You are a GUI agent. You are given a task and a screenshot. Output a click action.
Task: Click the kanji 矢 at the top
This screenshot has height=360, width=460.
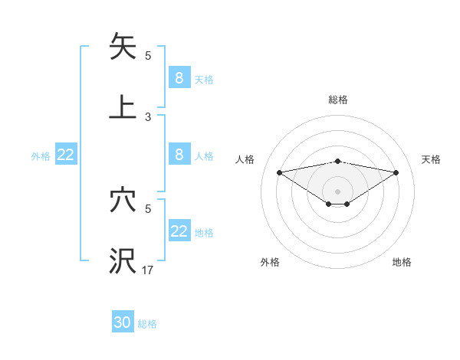123,47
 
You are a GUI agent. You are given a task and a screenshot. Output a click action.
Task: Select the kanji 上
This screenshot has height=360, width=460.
123,106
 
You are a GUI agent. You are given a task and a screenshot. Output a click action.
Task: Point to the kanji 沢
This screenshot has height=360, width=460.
123,261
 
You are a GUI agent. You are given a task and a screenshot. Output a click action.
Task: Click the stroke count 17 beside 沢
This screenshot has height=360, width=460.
148,270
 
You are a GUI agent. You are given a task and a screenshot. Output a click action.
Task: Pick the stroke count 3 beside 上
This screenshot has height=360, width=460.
148,117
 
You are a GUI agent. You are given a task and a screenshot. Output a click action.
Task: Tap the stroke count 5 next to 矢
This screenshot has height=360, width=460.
148,56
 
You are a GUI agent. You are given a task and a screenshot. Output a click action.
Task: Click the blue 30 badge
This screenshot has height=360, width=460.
123,322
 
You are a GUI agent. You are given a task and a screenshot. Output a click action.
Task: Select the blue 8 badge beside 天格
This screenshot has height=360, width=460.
179,77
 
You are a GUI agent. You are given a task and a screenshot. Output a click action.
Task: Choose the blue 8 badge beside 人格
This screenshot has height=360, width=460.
179,154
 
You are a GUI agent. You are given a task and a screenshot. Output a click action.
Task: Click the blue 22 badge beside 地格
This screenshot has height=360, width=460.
179,231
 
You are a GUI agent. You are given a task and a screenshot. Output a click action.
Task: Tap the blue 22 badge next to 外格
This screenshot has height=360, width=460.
66,155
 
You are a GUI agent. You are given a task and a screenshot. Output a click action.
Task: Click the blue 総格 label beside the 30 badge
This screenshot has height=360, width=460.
148,324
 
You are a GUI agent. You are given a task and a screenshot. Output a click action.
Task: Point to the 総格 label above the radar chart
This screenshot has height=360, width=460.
337,100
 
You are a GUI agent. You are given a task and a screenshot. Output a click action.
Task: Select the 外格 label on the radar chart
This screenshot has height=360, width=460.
270,263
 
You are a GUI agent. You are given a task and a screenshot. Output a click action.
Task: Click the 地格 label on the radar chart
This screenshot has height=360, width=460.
402,263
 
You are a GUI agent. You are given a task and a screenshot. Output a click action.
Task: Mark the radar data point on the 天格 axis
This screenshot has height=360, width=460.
396,172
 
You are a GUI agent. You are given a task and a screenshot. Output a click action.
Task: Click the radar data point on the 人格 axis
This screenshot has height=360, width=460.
279,172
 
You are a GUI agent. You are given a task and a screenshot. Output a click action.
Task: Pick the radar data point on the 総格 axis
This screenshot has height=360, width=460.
337,161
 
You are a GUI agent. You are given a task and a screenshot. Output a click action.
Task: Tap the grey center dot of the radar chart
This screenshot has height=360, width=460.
337,191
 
